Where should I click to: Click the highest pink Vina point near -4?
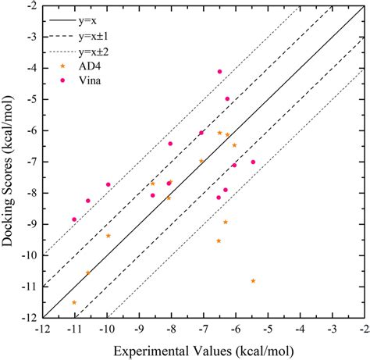220,72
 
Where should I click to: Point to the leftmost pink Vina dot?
74,219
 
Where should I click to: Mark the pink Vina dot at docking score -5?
227,99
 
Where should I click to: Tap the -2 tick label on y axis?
30,6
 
